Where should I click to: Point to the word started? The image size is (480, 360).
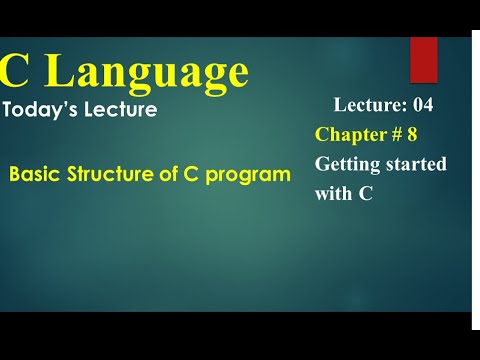point(416,164)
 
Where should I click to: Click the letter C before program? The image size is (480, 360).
point(192,174)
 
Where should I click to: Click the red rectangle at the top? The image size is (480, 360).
point(423,59)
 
